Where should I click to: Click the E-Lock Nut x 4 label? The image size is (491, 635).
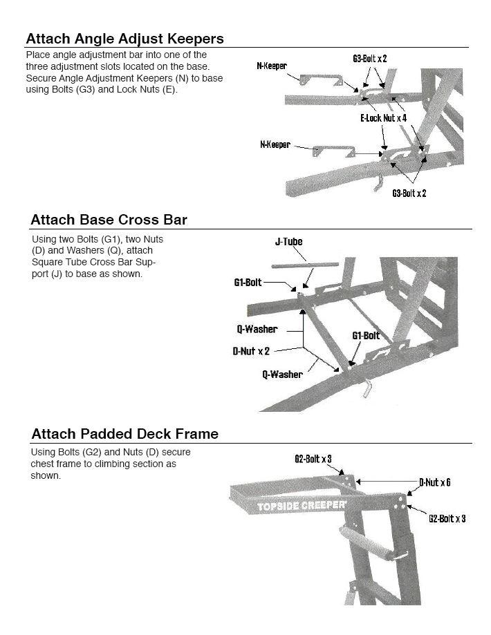383,118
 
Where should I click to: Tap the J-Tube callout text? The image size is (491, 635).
288,242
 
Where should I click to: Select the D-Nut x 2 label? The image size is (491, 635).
251,351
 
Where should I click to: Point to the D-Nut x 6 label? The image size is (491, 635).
434,482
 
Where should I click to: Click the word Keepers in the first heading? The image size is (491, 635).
192,39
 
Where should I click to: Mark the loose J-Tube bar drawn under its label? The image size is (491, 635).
304,264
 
